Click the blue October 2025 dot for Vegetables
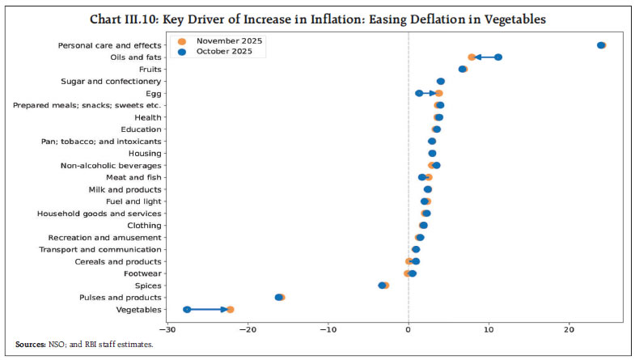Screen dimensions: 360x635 click(187, 309)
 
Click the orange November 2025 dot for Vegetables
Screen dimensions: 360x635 click(230, 309)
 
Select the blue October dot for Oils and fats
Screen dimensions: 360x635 click(498, 57)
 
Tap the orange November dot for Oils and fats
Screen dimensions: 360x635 click(472, 57)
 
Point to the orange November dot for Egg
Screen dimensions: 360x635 click(438, 93)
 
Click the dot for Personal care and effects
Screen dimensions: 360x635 click(601, 45)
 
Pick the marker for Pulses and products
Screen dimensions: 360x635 click(280, 297)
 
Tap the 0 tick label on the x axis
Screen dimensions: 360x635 click(409, 329)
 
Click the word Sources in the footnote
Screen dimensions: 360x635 click(30, 345)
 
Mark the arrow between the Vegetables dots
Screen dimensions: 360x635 click(209, 309)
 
